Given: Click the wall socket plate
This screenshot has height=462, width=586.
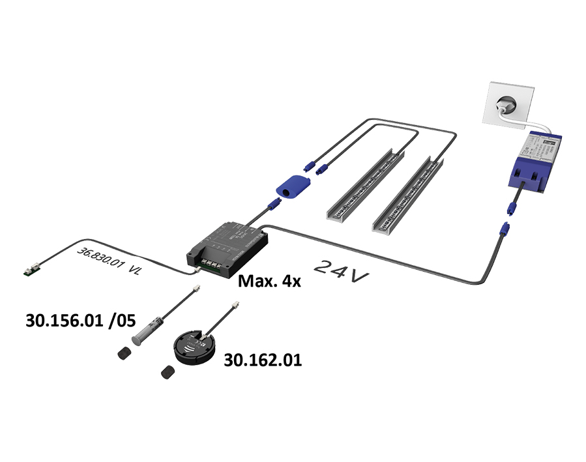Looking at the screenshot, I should click(x=505, y=102).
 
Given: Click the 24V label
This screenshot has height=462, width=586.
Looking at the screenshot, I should click(x=342, y=270).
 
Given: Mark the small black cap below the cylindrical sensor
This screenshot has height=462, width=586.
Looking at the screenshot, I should click(x=123, y=354).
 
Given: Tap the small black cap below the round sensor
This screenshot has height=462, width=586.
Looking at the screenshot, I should click(x=168, y=372).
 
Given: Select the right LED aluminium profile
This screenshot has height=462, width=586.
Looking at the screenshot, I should click(x=409, y=195).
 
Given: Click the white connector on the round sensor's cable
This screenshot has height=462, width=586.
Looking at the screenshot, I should click(x=233, y=305).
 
